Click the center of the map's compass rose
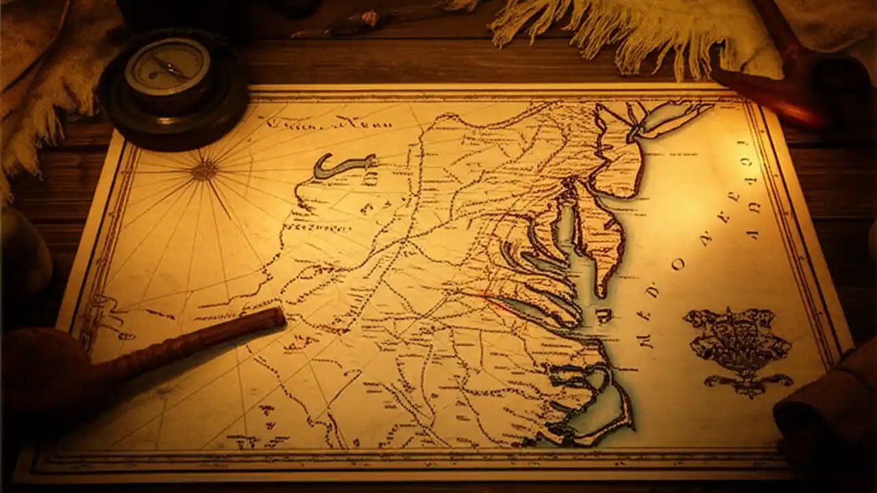[203, 170]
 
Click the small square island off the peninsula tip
[604, 315]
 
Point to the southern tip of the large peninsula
[601, 291]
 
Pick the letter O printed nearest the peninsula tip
[679, 265]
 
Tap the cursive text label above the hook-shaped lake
[329, 124]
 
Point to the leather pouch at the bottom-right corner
[829, 425]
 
